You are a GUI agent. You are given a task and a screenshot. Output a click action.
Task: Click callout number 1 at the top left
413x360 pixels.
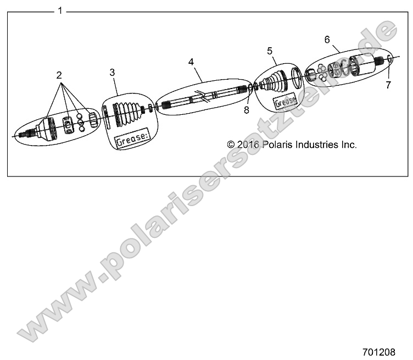pyautogui.click(x=60, y=10)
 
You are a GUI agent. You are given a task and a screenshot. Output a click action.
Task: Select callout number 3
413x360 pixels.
pyautogui.click(x=112, y=72)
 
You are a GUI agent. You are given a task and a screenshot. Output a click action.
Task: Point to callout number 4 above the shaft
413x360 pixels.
pyautogui.click(x=191, y=62)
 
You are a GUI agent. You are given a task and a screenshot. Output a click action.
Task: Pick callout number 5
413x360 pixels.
pyautogui.click(x=270, y=51)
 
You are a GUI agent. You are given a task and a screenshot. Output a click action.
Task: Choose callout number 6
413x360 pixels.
pyautogui.click(x=327, y=40)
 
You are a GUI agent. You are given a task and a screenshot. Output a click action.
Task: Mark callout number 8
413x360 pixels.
pyautogui.click(x=247, y=110)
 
